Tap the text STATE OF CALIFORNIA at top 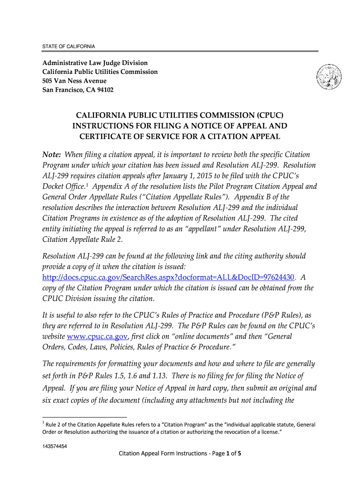click(69, 46)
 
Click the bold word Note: click(52, 155)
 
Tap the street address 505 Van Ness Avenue click(74, 81)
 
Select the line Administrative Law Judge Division click(95, 63)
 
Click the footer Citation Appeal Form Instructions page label click(180, 453)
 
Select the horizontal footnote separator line click(84, 416)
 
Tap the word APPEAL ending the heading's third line click(260, 137)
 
